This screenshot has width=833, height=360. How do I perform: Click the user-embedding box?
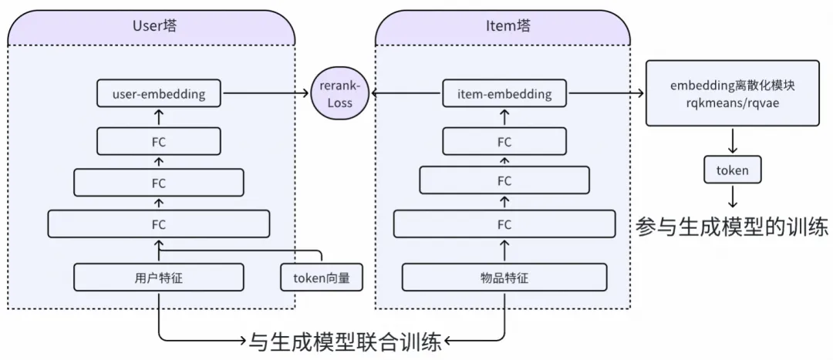pyautogui.click(x=159, y=95)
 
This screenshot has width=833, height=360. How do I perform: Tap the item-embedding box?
pyautogui.click(x=504, y=95)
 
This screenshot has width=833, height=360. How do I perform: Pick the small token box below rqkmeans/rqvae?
pyautogui.click(x=732, y=170)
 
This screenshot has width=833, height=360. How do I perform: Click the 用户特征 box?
pyautogui.click(x=159, y=278)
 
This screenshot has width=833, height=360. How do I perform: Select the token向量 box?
pyautogui.click(x=322, y=278)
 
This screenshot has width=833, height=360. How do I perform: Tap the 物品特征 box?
pyautogui.click(x=504, y=278)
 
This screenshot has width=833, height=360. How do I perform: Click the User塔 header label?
pyautogui.click(x=152, y=26)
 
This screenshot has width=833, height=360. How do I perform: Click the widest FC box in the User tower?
pyautogui.click(x=159, y=224)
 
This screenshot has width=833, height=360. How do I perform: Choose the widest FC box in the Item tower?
pyautogui.click(x=504, y=224)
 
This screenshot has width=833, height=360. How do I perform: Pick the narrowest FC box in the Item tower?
pyautogui.click(x=504, y=142)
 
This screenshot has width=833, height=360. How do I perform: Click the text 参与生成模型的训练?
pyautogui.click(x=731, y=227)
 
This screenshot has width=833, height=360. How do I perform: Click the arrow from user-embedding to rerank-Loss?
pyautogui.click(x=265, y=94)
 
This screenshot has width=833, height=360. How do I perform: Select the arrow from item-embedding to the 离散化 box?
pyautogui.click(x=605, y=94)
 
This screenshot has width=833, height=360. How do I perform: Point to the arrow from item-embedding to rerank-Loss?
pyautogui.click(x=406, y=94)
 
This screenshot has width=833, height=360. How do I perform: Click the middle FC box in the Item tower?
pyautogui.click(x=504, y=180)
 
